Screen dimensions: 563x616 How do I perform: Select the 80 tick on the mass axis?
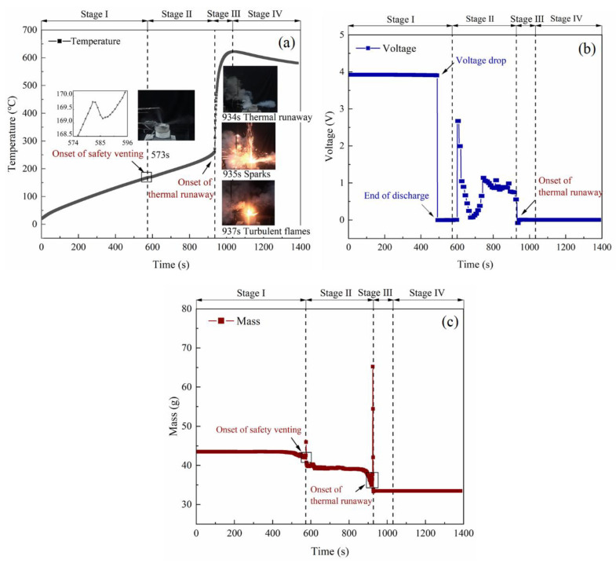(186, 309)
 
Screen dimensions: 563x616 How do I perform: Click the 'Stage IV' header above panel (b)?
(567, 17)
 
